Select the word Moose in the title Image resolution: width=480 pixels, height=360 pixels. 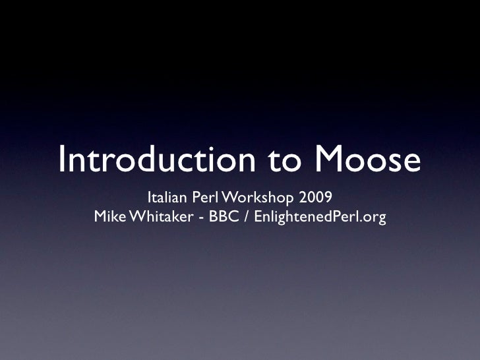point(367,160)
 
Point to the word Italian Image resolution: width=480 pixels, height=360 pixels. point(167,197)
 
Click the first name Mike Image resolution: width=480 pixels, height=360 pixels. point(110,217)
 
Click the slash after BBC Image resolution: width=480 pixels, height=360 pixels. point(245,217)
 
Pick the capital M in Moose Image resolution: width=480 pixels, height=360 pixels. point(330,160)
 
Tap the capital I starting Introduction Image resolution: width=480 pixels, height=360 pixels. point(62,160)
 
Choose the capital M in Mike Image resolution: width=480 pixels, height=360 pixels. point(100,217)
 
